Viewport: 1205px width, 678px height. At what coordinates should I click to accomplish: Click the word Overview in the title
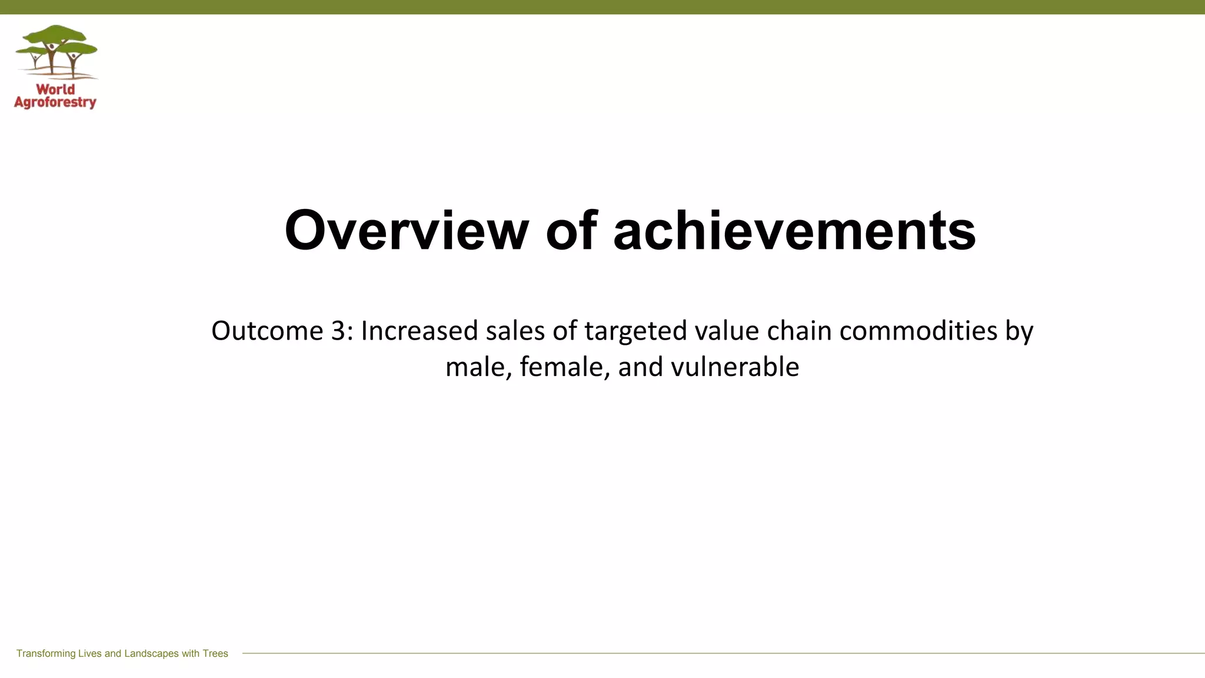coord(406,230)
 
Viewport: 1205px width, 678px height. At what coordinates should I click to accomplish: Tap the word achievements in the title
coord(794,230)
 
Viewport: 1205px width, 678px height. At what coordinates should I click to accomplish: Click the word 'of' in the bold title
coord(571,230)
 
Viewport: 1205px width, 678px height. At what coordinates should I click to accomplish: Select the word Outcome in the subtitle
coord(267,331)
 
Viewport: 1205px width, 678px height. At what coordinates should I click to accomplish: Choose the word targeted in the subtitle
coord(635,331)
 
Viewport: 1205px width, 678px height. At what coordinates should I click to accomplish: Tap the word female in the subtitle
coord(564,367)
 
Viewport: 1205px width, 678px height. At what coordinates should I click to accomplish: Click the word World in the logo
coord(55,89)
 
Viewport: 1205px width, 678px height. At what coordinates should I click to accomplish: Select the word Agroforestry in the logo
coord(55,103)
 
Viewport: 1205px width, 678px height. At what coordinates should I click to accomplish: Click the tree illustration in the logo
coord(56,52)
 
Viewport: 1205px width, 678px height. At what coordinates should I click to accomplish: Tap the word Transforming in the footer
coord(46,653)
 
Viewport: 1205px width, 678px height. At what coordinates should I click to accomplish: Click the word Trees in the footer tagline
coord(215,653)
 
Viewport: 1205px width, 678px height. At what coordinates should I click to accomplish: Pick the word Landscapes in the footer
coord(151,653)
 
